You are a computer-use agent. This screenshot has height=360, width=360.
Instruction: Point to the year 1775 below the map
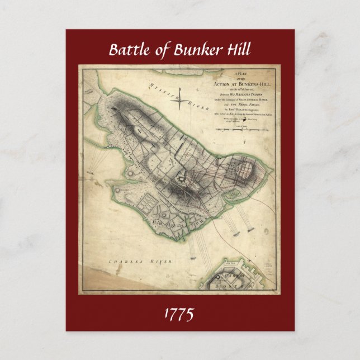click(179, 314)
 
